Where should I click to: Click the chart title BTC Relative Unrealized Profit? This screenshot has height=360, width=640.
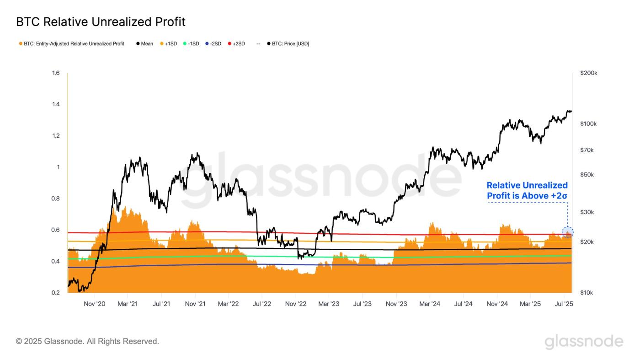click(101, 21)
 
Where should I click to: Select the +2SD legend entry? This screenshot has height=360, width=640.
click(236, 44)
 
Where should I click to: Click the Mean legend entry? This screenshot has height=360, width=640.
click(144, 44)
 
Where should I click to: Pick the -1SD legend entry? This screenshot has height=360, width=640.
click(191, 44)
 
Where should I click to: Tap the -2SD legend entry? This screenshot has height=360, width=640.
click(213, 44)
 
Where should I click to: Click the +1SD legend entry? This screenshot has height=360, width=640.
click(168, 44)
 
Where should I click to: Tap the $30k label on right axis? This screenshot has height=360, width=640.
click(587, 212)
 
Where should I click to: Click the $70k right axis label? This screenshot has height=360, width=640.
click(587, 150)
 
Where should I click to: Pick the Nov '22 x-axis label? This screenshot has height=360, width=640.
click(296, 304)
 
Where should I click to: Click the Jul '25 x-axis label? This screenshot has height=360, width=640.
click(564, 304)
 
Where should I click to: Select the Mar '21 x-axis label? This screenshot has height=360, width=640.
click(128, 304)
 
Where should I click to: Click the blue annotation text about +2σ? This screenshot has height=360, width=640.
click(527, 191)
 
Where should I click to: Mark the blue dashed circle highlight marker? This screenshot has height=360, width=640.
click(567, 232)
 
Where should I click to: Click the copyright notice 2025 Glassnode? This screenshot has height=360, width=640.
click(87, 341)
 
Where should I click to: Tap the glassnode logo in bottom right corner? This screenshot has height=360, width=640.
click(584, 342)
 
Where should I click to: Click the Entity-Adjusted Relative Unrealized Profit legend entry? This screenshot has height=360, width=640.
click(71, 44)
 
